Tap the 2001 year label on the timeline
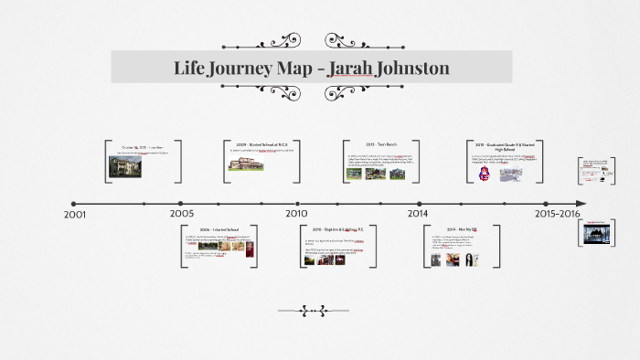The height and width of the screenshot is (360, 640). tap(75, 214)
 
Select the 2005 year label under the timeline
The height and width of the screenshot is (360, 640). tap(181, 214)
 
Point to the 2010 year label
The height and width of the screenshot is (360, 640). tap(296, 214)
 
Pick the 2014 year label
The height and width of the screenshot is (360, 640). tap(418, 214)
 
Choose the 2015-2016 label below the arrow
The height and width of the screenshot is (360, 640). tap(558, 214)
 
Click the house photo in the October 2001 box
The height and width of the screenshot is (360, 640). tap(125, 166)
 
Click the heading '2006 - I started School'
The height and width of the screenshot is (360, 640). tap(219, 229)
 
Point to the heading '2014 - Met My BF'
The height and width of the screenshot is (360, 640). tap(462, 229)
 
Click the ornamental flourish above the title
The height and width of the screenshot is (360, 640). tap(312, 41)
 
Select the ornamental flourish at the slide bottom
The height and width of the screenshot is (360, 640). tap(312, 311)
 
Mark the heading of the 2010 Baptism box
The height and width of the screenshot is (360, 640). tap(337, 229)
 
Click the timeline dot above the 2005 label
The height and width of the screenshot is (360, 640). tap(181, 203)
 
